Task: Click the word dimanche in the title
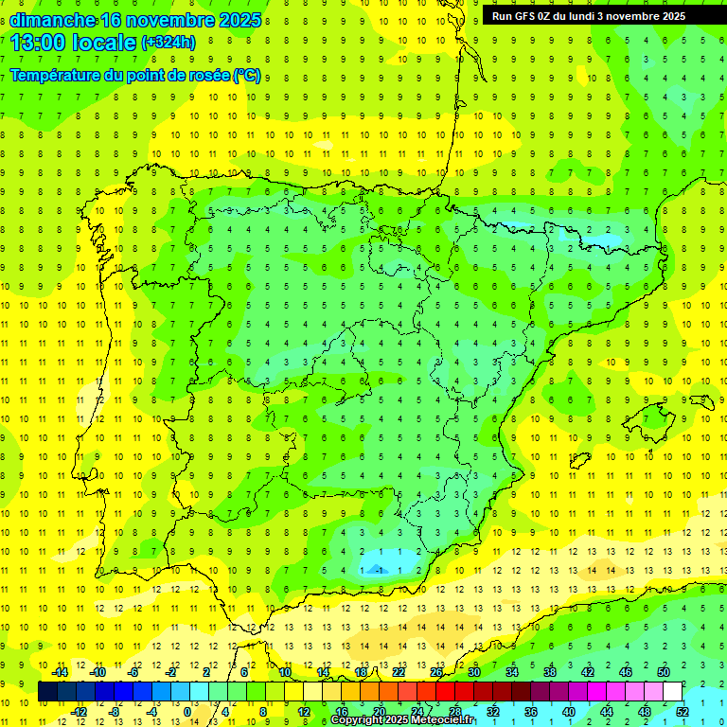pos(53,20)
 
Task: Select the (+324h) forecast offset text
pos(168,43)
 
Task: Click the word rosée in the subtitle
pos(202,75)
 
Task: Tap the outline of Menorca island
pos(700,401)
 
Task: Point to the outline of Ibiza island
pos(579,461)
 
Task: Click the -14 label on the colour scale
pos(59,672)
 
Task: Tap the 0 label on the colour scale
pos(186,712)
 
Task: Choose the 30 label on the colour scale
pos(473,672)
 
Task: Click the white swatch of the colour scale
pos(672,692)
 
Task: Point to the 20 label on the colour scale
pos(380,712)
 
